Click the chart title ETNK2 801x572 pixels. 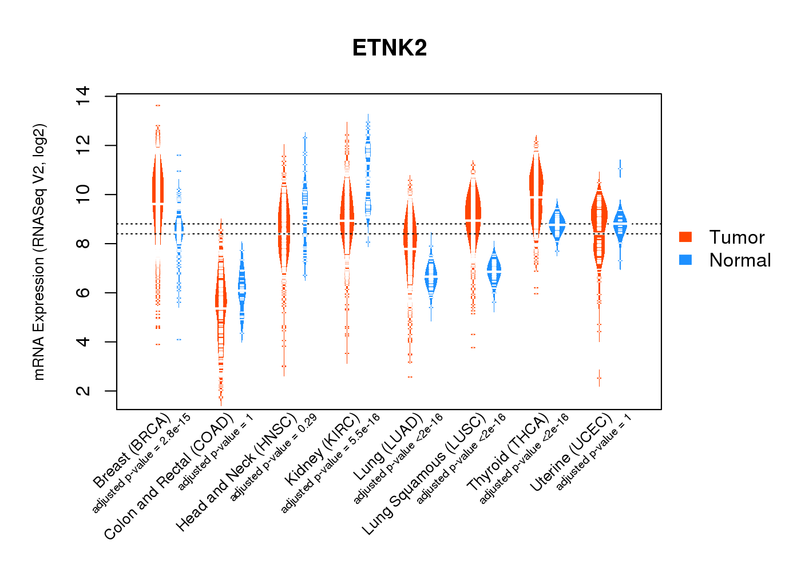tap(390, 48)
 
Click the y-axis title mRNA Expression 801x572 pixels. tap(39, 252)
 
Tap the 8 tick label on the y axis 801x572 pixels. tap(84, 244)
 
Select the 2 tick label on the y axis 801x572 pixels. tap(84, 391)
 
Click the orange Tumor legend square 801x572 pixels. tap(685, 237)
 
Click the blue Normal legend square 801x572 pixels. tap(685, 260)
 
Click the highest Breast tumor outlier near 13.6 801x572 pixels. tap(157, 105)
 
